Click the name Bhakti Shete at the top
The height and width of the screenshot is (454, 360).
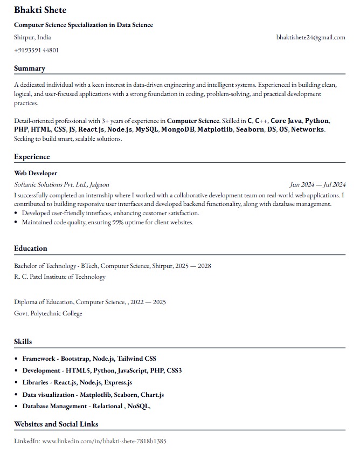coord(40,10)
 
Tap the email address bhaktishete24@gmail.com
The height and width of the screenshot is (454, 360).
coord(310,38)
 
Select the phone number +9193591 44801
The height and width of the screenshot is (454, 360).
coord(37,50)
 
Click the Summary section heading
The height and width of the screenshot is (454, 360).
coord(30,68)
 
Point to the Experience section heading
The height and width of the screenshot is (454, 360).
coord(32,157)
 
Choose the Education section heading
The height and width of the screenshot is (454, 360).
coord(31,249)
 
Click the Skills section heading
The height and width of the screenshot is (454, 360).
coord(23,341)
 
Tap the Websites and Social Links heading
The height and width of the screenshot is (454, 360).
coord(56,424)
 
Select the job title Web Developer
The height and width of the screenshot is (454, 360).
coord(36,173)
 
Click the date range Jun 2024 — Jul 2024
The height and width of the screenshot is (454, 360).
coord(317,184)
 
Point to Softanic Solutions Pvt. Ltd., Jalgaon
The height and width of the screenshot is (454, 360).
coord(61,184)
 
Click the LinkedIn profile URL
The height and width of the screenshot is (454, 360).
coord(104,441)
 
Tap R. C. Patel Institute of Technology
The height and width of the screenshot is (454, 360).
coord(60,277)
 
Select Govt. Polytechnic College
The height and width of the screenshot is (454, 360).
coord(48,313)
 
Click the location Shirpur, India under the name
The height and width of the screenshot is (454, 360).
coord(33,38)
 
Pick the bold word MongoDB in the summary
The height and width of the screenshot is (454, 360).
coord(177,130)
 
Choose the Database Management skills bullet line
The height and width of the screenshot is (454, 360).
coord(86,407)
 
